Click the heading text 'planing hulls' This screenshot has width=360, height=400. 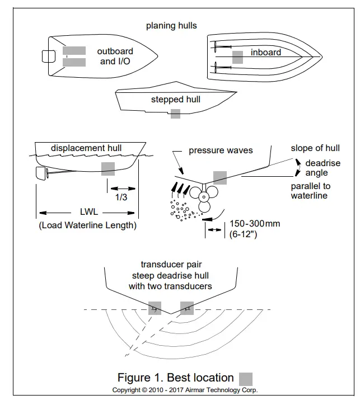(171, 26)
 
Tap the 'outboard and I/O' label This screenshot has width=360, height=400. (115, 57)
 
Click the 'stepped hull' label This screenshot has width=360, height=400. (175, 100)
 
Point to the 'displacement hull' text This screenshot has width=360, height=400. (86, 148)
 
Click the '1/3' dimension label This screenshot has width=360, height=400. (120, 197)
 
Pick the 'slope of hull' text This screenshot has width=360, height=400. (315, 148)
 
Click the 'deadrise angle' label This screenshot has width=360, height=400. (316, 168)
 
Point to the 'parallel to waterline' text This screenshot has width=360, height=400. (310, 191)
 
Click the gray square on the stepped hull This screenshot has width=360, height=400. (175, 114)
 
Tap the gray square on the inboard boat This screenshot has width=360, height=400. (237, 57)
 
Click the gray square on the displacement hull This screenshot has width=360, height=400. (108, 168)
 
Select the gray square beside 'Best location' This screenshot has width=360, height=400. (246, 379)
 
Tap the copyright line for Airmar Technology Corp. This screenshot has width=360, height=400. (185, 390)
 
